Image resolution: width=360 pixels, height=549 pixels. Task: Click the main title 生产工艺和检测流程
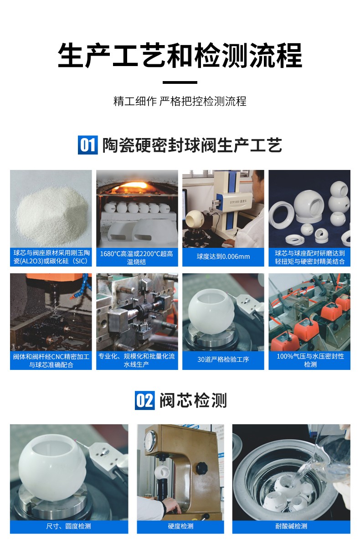[180, 56]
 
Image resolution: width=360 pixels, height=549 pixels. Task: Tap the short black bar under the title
[180, 82]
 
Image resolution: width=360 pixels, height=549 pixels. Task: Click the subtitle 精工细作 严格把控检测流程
[180, 101]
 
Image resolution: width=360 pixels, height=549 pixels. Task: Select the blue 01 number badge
[87, 145]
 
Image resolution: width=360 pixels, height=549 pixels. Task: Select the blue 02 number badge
[145, 400]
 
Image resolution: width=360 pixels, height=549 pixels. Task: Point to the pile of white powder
[50, 210]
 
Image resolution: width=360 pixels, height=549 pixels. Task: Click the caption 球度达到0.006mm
[223, 257]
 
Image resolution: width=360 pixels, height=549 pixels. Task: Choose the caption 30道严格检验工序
[223, 359]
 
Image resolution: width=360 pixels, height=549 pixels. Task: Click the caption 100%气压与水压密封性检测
[310, 360]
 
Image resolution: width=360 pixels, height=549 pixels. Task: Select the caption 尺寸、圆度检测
[69, 526]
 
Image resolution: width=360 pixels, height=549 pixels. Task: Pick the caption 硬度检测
[180, 526]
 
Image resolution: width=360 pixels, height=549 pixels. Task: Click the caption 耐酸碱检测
[291, 526]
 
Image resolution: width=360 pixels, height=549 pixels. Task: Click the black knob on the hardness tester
[201, 468]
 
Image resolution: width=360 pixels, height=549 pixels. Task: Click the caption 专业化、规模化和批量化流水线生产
[137, 360]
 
